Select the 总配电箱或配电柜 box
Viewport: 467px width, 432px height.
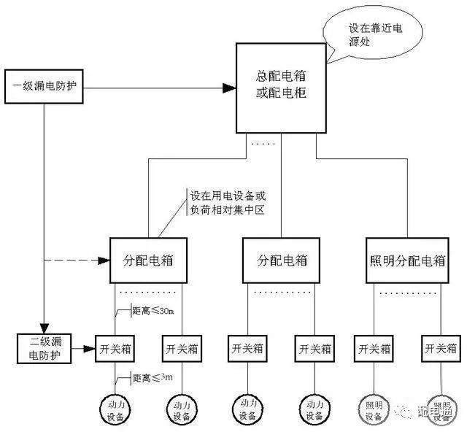tap(280, 88)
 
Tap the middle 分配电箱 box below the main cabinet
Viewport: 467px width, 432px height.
tap(282, 260)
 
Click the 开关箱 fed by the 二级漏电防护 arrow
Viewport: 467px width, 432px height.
tap(115, 347)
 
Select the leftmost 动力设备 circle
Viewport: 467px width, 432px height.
tap(115, 408)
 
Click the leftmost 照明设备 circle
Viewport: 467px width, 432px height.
tap(373, 408)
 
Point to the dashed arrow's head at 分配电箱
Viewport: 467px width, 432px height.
tap(104, 260)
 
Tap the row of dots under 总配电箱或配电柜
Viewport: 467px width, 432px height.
tap(262, 144)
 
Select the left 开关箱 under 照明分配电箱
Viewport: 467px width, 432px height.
tap(373, 347)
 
